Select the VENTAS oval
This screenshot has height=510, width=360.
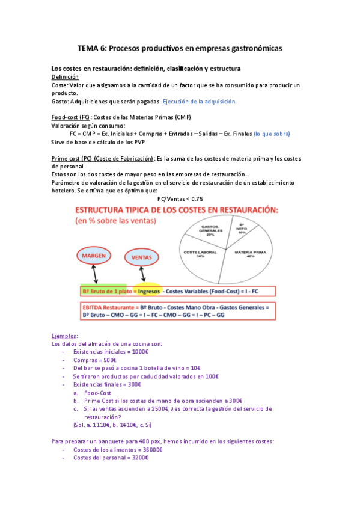tap(141, 257)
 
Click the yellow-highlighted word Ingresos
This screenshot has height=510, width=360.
tap(148, 291)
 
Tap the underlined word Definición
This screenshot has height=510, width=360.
tap(65, 77)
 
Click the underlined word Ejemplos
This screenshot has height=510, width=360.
tap(65, 336)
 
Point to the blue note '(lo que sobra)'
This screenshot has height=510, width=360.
tap(272, 134)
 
